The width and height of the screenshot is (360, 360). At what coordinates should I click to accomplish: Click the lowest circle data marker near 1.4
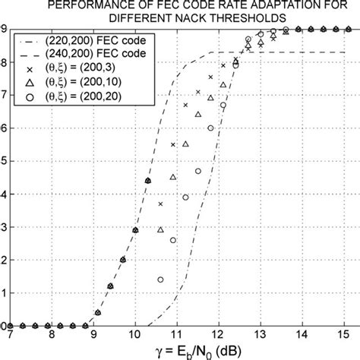pos(160,279)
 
